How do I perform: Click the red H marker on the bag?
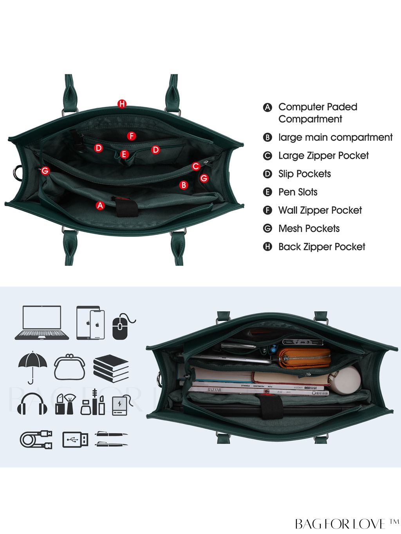(122, 104)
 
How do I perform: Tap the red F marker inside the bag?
(132, 136)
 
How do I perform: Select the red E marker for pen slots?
(125, 154)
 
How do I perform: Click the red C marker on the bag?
(196, 166)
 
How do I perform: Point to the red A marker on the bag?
(100, 206)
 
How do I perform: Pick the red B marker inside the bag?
(184, 185)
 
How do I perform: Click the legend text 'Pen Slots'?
(298, 192)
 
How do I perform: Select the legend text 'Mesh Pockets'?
(309, 229)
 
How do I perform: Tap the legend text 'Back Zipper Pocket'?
(322, 247)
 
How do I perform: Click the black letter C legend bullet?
(267, 156)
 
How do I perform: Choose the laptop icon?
(42, 323)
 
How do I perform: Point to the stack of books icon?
(111, 368)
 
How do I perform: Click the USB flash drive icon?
(75, 440)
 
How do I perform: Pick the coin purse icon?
(70, 367)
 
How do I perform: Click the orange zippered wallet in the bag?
(303, 357)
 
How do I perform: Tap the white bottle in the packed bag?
(345, 380)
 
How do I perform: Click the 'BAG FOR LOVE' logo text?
(341, 524)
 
